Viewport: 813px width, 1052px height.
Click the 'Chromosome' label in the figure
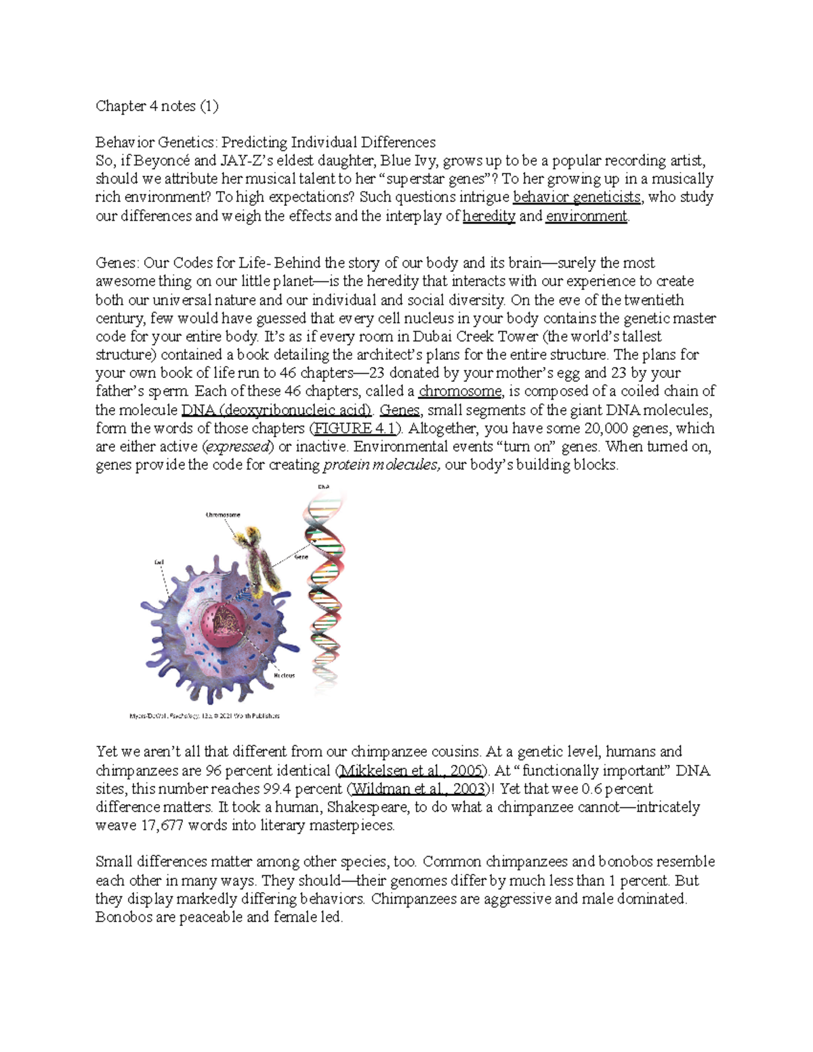(223, 515)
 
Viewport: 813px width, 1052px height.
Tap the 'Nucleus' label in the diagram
(284, 675)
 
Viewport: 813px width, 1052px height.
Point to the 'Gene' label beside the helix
(301, 557)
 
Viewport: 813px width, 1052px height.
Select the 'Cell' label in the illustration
(159, 562)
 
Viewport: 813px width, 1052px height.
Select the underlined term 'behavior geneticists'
(577, 197)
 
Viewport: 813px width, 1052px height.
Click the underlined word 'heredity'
(488, 216)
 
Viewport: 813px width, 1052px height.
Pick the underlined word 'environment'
(587, 216)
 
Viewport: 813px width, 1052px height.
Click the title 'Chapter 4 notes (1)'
(157, 106)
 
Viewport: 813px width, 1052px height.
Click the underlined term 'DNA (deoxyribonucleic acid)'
(276, 410)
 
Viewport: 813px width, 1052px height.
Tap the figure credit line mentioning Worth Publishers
(204, 715)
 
